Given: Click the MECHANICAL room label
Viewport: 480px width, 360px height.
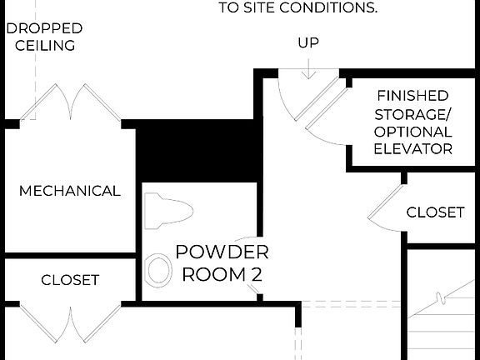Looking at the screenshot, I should (x=70, y=191).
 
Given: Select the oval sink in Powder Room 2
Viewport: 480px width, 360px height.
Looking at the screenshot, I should (x=157, y=270).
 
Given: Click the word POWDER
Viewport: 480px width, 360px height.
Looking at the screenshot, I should (x=222, y=252).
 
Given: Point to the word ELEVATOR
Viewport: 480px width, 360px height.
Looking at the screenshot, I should (x=413, y=150).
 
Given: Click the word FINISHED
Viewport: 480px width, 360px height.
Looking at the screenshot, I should (x=412, y=96).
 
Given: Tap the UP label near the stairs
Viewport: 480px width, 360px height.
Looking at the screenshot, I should (x=308, y=42).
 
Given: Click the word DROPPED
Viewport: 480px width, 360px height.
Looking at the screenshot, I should (x=45, y=27).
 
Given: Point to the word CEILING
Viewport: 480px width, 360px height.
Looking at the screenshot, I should (x=46, y=46).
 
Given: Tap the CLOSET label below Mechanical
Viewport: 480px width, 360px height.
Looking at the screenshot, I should (x=70, y=280).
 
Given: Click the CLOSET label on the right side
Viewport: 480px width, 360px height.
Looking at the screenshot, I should (x=435, y=212).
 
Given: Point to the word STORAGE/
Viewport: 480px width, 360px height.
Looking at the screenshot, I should (x=413, y=114).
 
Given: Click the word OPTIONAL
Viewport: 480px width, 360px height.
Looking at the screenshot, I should (x=413, y=132).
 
